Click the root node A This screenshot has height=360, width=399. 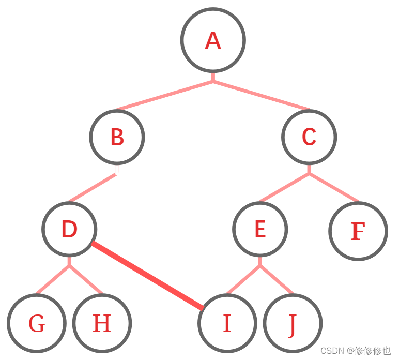pyautogui.click(x=213, y=40)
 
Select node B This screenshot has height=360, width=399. pyautogui.click(x=117, y=137)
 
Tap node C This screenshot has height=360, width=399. pyautogui.click(x=309, y=137)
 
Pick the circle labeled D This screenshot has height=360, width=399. pyautogui.click(x=69, y=229)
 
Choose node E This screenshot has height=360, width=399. pyautogui.click(x=260, y=229)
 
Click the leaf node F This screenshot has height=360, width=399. pyautogui.click(x=358, y=231)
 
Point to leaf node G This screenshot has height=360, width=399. pyautogui.click(x=37, y=323)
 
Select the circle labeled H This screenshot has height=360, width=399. pyautogui.click(x=102, y=323)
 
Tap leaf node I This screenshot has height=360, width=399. pyautogui.click(x=227, y=323)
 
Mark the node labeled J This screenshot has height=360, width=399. pyautogui.click(x=293, y=323)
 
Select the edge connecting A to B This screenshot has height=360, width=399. pyautogui.click(x=165, y=96)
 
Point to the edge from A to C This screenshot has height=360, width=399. pyautogui.click(x=261, y=96)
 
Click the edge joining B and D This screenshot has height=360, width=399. pyautogui.click(x=93, y=188)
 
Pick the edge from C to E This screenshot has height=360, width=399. pyautogui.click(x=284, y=187)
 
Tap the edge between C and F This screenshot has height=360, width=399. pyautogui.click(x=333, y=187)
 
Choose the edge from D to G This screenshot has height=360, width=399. pyautogui.click(x=53, y=280)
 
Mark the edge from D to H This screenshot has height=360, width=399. pyautogui.click(x=86, y=280)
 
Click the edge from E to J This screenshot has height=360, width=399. pyautogui.click(x=277, y=280)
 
